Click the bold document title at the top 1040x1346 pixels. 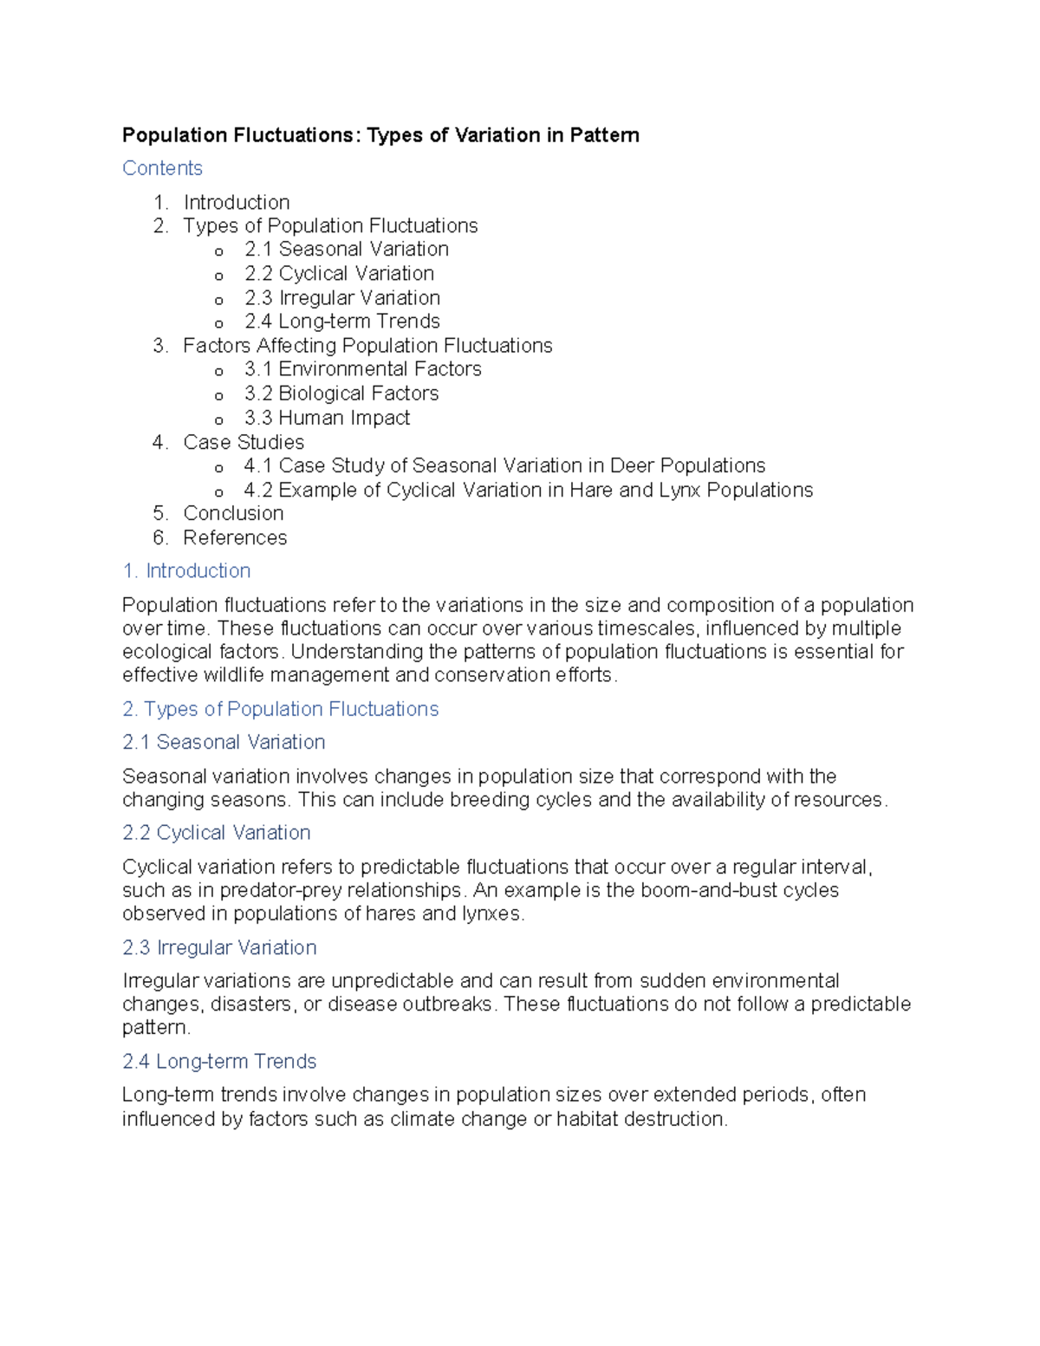[x=380, y=135]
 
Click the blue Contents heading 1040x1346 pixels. [x=162, y=168]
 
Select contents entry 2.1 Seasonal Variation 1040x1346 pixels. [x=346, y=250]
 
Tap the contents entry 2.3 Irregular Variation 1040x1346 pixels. [x=341, y=298]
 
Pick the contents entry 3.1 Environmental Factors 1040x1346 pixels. [x=362, y=369]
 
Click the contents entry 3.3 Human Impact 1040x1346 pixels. [x=327, y=418]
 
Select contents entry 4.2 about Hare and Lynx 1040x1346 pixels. [x=528, y=491]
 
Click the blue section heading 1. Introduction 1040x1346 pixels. [x=186, y=571]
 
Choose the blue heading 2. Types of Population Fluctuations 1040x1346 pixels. [x=280, y=709]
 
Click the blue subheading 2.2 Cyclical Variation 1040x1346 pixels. [x=216, y=833]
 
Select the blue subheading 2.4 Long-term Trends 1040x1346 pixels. [x=218, y=1062]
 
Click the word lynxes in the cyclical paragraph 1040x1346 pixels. [x=492, y=914]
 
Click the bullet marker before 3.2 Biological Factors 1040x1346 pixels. [x=219, y=395]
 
